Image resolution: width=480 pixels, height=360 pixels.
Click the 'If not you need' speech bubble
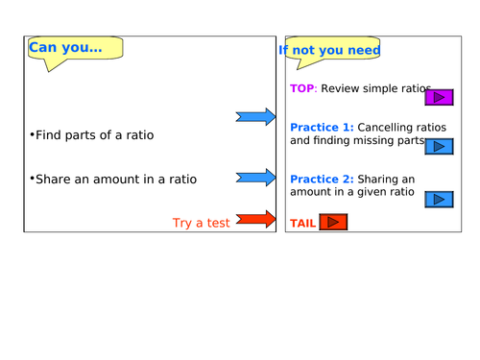[331, 50]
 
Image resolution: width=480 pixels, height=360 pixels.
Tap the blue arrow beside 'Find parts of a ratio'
[255, 117]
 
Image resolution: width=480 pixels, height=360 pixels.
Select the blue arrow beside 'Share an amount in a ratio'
[255, 179]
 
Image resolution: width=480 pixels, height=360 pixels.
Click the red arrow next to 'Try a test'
[255, 221]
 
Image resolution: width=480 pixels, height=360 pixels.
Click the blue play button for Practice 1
[440, 147]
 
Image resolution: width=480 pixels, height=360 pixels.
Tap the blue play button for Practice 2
[440, 200]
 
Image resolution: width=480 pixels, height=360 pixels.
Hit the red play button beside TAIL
[332, 223]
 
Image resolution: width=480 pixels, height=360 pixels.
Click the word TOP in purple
[302, 88]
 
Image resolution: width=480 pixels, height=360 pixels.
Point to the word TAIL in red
[302, 223]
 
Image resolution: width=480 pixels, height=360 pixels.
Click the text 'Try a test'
[201, 223]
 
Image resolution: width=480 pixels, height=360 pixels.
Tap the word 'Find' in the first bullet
[49, 135]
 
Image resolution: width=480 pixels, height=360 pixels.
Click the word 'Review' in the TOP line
[340, 88]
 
